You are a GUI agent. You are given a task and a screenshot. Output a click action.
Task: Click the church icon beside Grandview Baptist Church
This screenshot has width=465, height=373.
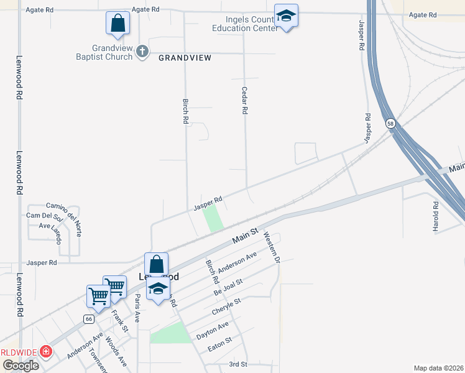[142, 52]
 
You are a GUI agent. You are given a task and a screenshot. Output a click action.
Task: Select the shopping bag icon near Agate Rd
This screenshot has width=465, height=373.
[117, 24]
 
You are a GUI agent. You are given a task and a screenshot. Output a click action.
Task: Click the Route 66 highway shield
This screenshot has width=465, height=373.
[90, 319]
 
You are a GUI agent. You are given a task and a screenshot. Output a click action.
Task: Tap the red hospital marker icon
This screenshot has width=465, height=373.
[45, 352]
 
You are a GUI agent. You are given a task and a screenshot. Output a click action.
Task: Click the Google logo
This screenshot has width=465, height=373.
[21, 366]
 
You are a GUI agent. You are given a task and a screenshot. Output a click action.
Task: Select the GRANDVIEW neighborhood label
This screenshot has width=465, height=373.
[185, 58]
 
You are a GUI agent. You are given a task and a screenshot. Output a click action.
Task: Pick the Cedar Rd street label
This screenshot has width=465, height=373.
[245, 100]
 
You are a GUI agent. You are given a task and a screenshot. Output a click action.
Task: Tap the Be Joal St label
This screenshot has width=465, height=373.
[228, 287]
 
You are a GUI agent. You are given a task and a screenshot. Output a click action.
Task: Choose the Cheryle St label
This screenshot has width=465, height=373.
[226, 305]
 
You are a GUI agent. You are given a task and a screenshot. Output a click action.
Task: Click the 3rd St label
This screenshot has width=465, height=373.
[238, 364]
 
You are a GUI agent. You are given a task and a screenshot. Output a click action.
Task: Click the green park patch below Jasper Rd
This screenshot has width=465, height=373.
[213, 218]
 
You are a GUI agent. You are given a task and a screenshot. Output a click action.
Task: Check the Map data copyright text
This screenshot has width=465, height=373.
[439, 368]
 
